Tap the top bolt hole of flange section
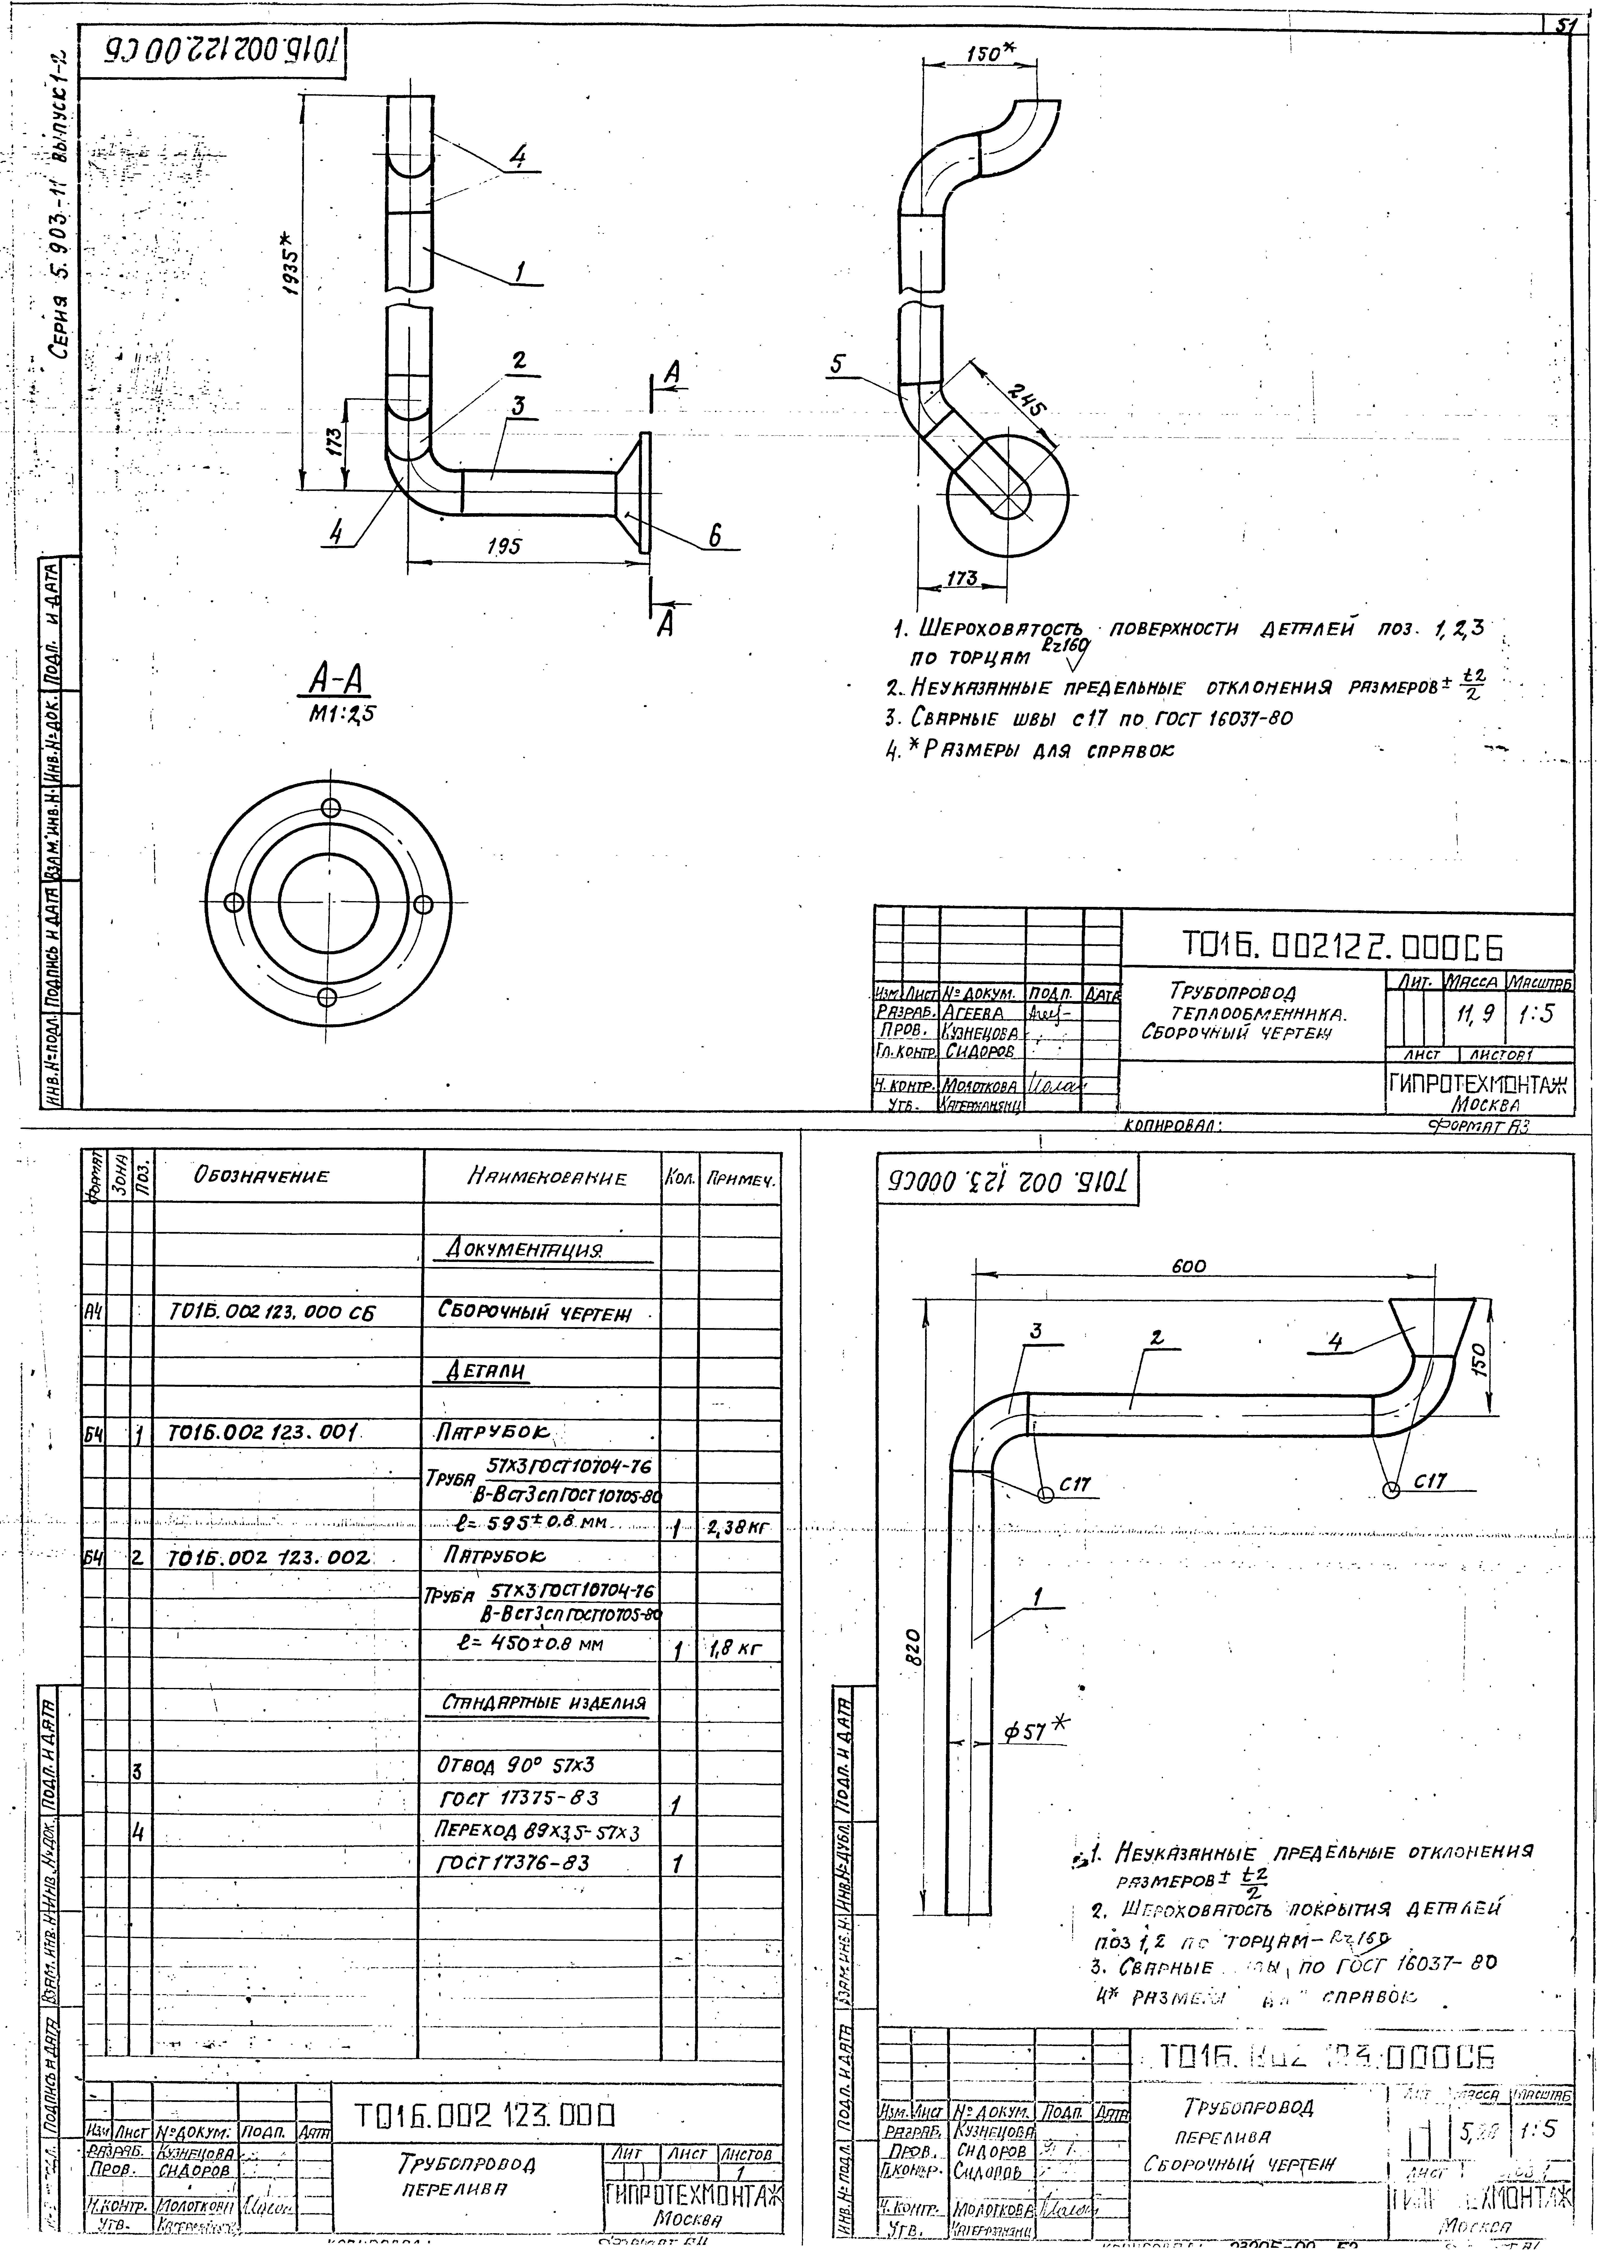pyautogui.click(x=330, y=808)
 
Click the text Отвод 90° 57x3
pyautogui.click(x=515, y=1765)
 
